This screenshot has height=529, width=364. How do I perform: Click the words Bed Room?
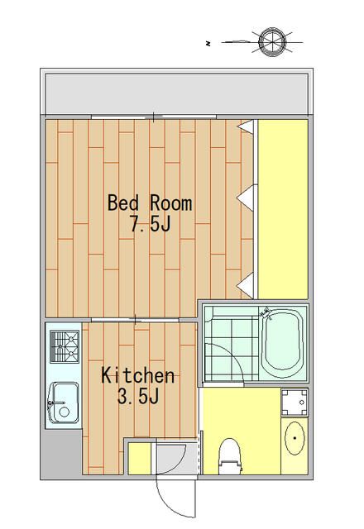[x=150, y=203]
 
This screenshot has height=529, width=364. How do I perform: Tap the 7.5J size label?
[x=151, y=223]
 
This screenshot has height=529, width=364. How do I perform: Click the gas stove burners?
[x=65, y=346]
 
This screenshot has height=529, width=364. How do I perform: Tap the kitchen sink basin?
[x=64, y=403]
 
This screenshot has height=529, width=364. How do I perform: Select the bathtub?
[x=282, y=345]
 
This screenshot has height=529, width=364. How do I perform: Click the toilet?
[x=230, y=455]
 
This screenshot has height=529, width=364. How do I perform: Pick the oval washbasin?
[x=295, y=438]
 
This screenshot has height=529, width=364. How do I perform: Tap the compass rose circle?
[x=272, y=42]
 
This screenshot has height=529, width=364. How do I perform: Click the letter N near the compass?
[x=208, y=44]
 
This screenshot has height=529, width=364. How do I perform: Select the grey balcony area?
[x=176, y=94]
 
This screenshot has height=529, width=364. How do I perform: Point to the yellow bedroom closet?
[x=283, y=209]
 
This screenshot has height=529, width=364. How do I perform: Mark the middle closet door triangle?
[x=246, y=198]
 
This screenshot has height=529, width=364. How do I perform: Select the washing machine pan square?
[x=295, y=403]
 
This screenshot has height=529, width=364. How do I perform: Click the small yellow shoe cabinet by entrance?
[x=140, y=458]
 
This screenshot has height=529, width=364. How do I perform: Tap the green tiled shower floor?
[x=232, y=344]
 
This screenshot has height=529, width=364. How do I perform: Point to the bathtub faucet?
[x=266, y=313]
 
